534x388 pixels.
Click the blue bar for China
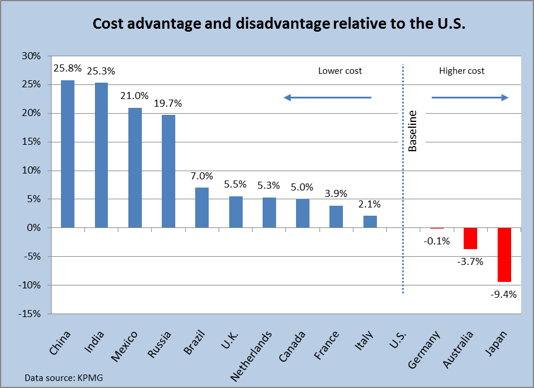pos(68,154)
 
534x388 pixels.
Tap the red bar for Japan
pos(504,254)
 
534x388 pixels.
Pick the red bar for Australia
pos(470,238)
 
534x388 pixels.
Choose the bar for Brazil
pos(202,207)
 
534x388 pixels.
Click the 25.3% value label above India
pos(101,72)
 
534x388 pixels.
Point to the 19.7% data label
pos(168,104)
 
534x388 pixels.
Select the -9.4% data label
pos(504,294)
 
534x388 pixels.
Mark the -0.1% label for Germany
pos(436,240)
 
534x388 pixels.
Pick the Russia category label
pos(161,344)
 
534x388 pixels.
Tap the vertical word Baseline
pos(413,131)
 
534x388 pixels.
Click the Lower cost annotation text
pos(340,71)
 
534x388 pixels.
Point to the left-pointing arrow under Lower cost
pos(328,98)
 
